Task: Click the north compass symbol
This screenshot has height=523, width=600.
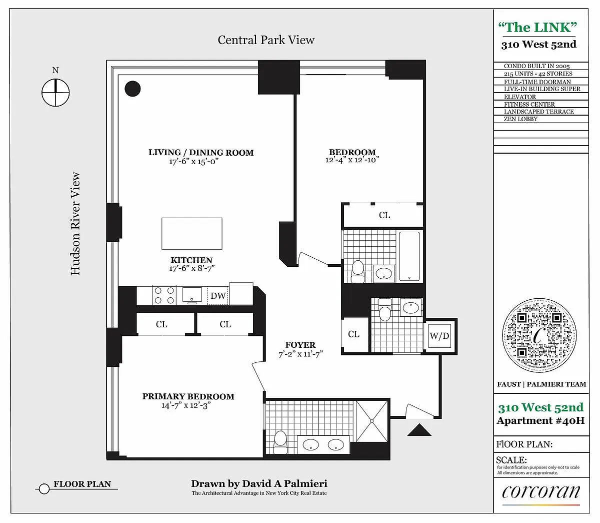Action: [x=55, y=93]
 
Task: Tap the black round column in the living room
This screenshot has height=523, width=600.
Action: [x=132, y=89]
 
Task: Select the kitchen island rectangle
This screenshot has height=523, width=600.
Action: [x=192, y=233]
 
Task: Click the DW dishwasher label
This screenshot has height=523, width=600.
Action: [x=218, y=296]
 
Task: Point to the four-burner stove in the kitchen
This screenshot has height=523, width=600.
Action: [x=164, y=295]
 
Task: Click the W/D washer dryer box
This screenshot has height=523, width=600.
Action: [x=439, y=336]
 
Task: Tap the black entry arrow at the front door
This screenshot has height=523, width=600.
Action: [x=419, y=430]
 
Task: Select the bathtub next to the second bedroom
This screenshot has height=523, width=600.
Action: [x=410, y=256]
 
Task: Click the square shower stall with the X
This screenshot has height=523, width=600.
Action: [x=371, y=421]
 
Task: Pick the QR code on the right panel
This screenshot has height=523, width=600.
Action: [x=539, y=335]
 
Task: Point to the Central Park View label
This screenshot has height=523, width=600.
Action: [x=266, y=40]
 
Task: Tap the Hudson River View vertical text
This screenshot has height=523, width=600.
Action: [x=75, y=224]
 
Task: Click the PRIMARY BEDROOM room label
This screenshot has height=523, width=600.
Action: [x=188, y=396]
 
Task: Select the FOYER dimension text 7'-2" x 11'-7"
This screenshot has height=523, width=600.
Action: [x=300, y=354]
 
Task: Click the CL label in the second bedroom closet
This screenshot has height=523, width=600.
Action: [x=384, y=215]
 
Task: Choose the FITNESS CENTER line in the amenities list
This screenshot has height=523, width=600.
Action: [x=529, y=104]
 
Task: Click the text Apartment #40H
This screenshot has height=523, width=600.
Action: [x=540, y=420]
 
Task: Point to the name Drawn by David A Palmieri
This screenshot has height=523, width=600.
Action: [x=259, y=483]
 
